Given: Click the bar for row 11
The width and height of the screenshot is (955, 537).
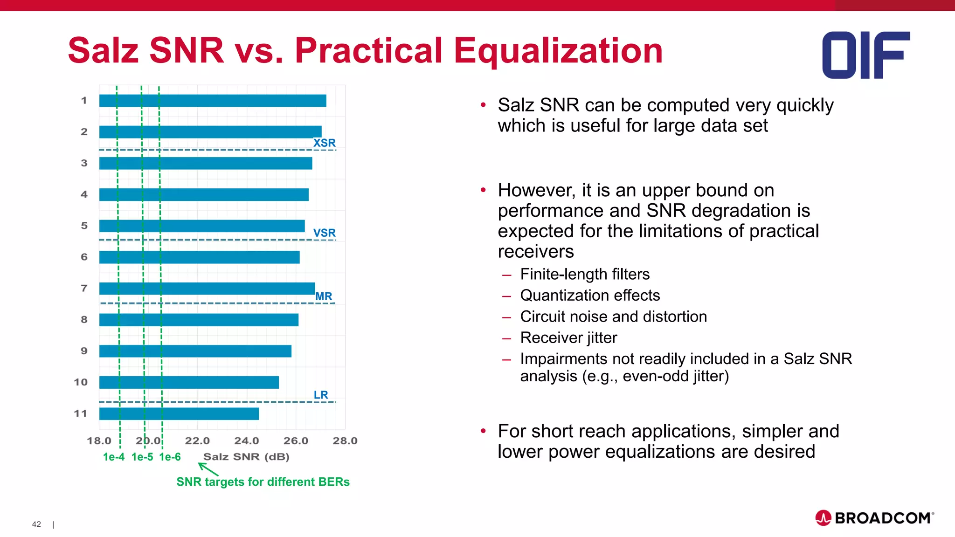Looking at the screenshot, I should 179,413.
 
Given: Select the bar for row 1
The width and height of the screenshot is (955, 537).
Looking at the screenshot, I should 212,101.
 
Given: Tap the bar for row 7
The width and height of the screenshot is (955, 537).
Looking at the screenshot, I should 207,289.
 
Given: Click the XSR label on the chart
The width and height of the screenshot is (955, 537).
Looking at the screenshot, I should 324,143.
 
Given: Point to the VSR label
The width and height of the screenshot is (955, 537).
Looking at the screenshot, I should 324,233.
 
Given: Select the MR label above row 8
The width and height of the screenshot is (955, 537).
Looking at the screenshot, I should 324,296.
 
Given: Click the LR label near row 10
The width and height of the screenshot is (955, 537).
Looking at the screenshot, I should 321,395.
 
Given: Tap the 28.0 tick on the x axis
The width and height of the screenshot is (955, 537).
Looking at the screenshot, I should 345,441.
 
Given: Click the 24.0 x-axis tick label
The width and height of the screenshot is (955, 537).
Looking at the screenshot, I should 246,441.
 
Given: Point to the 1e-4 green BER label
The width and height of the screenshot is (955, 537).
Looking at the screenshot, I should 113,457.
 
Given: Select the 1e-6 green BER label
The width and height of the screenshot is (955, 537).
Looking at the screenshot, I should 170,457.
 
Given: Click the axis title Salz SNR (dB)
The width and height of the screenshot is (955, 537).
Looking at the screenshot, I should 246,457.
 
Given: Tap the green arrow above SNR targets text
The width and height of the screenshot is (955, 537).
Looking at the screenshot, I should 208,469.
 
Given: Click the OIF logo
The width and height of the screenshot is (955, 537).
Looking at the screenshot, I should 865,55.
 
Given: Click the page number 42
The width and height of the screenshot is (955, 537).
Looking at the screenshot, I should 36,524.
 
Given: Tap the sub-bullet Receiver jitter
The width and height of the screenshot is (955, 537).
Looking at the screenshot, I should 568,337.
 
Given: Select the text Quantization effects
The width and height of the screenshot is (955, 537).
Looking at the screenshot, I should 590,295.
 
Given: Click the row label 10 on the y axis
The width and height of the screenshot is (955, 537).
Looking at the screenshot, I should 81,382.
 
